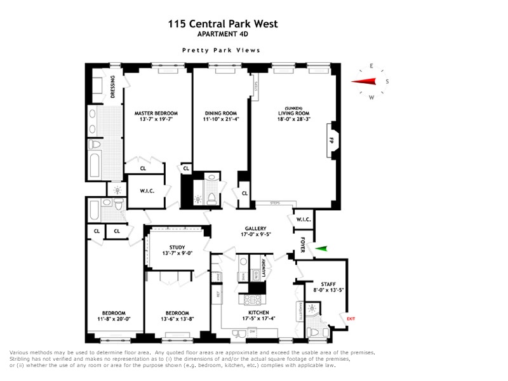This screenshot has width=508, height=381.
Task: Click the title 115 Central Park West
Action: coord(222,24)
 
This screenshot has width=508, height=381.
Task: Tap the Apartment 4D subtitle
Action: coord(222,34)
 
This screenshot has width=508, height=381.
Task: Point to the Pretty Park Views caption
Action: coord(222,50)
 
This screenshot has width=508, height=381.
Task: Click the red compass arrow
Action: coord(367,81)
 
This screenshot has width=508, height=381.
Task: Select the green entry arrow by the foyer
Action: coord(324,249)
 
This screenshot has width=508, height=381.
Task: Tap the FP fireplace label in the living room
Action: coord(330,137)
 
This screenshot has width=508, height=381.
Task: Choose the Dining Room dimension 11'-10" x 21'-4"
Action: coord(221,119)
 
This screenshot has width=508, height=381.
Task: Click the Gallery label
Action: coord(255,229)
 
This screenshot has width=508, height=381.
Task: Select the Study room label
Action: coord(177,247)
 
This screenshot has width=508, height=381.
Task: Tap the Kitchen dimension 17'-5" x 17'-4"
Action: coord(259,319)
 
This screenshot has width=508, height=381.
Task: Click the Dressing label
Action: coord(112,87)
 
